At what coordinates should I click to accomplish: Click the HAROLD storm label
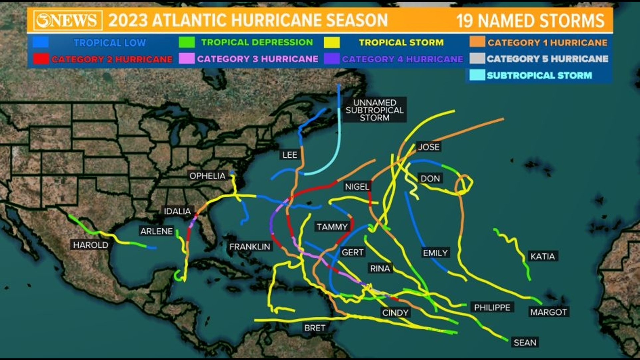click(x=91, y=245)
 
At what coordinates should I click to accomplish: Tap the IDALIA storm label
click(x=177, y=211)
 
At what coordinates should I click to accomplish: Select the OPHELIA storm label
click(x=207, y=176)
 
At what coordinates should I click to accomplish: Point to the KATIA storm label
click(x=543, y=256)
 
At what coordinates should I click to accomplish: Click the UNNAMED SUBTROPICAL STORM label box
click(x=374, y=110)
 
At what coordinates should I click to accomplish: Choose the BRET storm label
click(x=315, y=328)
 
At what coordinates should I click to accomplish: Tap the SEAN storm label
click(x=525, y=342)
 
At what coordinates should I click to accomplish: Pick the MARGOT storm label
click(x=548, y=312)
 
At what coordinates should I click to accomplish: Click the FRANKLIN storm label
click(x=250, y=247)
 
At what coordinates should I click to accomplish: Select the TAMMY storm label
click(x=332, y=227)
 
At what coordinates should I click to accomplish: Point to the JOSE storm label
click(x=429, y=147)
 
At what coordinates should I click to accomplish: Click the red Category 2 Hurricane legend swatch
click(x=41, y=59)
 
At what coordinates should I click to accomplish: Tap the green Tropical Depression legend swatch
click(x=187, y=42)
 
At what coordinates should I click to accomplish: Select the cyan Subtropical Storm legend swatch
click(x=477, y=75)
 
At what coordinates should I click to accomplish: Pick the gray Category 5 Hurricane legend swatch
click(x=477, y=59)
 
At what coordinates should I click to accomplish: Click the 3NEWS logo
click(x=68, y=20)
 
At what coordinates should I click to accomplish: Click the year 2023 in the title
click(x=128, y=20)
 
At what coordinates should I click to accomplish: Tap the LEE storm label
click(x=289, y=155)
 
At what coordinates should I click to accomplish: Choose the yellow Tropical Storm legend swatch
click(x=332, y=42)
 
